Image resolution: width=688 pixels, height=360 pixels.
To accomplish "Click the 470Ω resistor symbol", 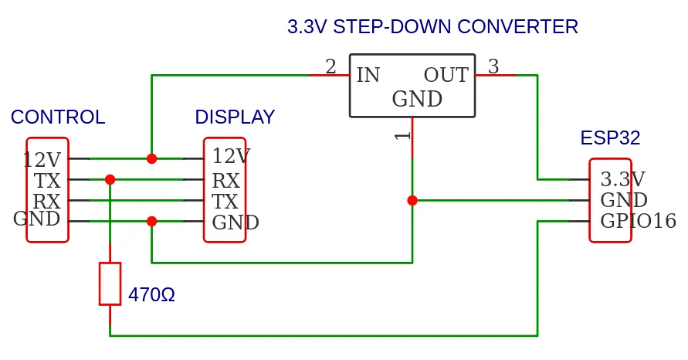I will (x=110, y=284).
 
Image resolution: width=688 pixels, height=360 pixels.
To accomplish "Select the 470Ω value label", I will (x=151, y=295).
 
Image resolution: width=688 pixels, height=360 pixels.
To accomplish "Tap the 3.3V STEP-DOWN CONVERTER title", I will (x=432, y=27).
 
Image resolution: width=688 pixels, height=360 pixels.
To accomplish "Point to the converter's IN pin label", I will (x=368, y=76).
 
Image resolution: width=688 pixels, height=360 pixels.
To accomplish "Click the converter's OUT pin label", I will (x=446, y=76).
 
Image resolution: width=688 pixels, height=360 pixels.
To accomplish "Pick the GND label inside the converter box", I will (x=417, y=100).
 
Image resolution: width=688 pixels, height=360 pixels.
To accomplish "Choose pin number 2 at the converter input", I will (x=330, y=67).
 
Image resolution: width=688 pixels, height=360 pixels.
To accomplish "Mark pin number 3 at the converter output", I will (x=493, y=67).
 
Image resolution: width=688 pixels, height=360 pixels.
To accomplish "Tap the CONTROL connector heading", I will (x=58, y=117).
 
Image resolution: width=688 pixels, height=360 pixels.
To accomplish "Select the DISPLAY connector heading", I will (x=235, y=117).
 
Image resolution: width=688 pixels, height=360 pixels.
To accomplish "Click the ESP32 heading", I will (x=610, y=138).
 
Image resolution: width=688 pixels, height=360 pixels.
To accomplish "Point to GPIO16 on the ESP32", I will (x=638, y=221).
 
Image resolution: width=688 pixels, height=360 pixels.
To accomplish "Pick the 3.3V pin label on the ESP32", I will (x=622, y=179).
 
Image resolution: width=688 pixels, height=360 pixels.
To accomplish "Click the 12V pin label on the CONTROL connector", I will (x=42, y=160).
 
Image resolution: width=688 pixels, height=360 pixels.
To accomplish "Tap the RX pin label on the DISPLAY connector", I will (x=225, y=182).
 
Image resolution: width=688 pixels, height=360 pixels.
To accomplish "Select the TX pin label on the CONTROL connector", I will (x=47, y=182).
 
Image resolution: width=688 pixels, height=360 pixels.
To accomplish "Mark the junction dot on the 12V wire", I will (x=151, y=158).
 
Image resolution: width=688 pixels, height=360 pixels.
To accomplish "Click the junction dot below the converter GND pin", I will (x=412, y=200).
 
